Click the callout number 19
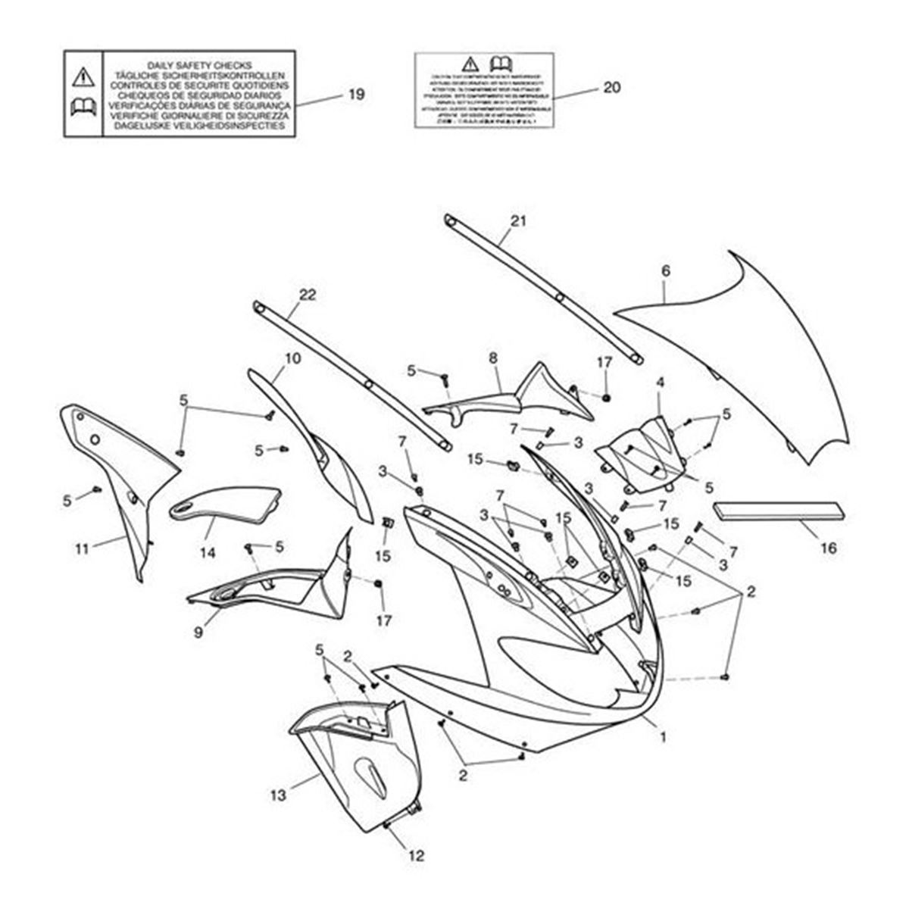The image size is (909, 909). (x=356, y=95)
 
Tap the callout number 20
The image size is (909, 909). (x=611, y=88)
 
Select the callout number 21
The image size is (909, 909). (x=518, y=221)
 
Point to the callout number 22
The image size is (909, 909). (x=308, y=295)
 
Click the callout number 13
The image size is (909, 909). (x=278, y=795)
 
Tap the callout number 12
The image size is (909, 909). (x=416, y=856)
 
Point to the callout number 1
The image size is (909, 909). (x=664, y=736)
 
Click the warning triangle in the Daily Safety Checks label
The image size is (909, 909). (x=83, y=76)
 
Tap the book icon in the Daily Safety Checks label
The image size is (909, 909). (x=83, y=109)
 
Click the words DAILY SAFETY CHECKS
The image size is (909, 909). (x=199, y=65)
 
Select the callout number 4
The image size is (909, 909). (x=660, y=383)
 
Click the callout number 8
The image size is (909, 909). (x=494, y=355)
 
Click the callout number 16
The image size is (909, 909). (x=829, y=547)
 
